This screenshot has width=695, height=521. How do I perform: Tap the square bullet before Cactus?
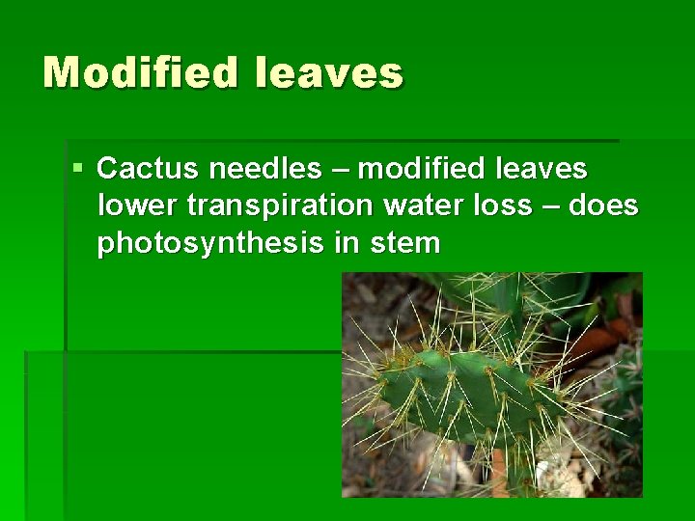pyautogui.click(x=78, y=169)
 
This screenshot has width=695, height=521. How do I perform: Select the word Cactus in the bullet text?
pyautogui.click(x=148, y=169)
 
